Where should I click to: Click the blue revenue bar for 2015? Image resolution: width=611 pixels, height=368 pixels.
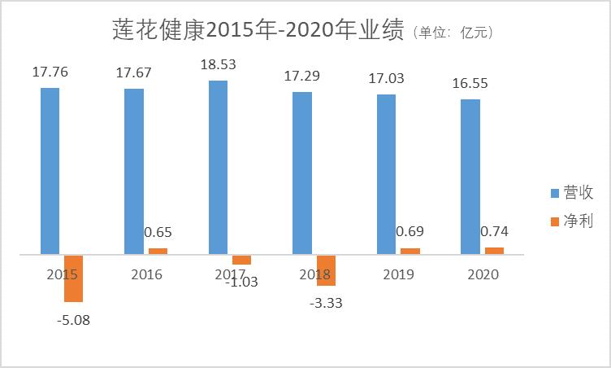coord(50,171)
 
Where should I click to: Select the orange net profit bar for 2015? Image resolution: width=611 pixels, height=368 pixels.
coord(74,278)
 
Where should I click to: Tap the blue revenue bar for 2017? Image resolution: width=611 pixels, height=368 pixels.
coord(218,168)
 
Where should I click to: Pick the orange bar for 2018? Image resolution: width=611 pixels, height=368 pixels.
coord(326,270)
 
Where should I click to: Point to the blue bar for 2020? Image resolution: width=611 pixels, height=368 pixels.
coord(470,177)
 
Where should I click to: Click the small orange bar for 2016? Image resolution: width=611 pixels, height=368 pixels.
coord(158,251)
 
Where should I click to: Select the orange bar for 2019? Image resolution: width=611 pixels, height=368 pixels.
coord(410,251)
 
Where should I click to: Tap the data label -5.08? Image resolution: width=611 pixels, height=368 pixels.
coord(73,320)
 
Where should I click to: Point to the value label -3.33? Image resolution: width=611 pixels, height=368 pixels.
coord(326,303)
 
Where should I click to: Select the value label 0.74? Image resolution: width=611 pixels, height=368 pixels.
coord(494,230)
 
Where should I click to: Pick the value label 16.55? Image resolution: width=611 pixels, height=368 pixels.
coord(470,83)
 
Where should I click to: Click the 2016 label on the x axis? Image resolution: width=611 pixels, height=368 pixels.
coord(146,274)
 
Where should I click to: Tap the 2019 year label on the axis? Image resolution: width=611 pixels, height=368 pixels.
coord(398,274)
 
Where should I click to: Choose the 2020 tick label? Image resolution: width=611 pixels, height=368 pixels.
coord(483,274)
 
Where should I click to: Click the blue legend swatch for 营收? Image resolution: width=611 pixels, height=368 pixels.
coord(555,194)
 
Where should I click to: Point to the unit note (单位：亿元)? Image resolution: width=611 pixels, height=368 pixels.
coord(453,33)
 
